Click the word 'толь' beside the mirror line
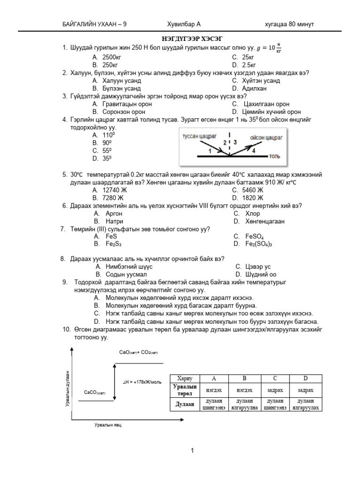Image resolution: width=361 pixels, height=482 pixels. pyautogui.click(x=274, y=155)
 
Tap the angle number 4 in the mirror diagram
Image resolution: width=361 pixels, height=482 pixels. pyautogui.click(x=253, y=151)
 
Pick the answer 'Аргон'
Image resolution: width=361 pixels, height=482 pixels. pyautogui.click(x=114, y=213)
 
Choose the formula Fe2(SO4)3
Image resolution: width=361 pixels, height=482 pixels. pyautogui.click(x=259, y=244)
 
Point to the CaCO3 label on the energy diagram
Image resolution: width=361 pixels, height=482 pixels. pyautogui.click(x=94, y=392)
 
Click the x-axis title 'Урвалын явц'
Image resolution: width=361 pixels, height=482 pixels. pyautogui.click(x=108, y=425)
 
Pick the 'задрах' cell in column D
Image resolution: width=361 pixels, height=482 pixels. pyautogui.click(x=305, y=391)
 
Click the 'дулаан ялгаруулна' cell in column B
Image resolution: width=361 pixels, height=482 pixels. pyautogui.click(x=244, y=404)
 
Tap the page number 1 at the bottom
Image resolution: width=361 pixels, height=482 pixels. pyautogui.click(x=192, y=451)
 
